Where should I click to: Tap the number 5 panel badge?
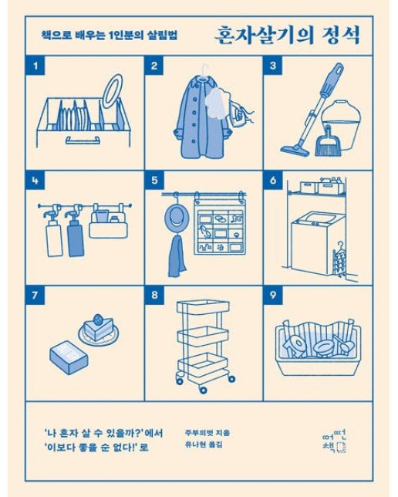tap(155, 181)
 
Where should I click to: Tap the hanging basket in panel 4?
tap(107, 225)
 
